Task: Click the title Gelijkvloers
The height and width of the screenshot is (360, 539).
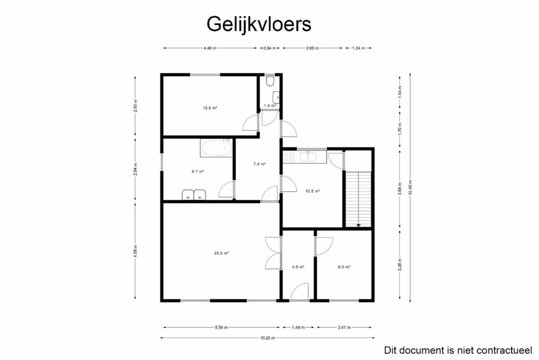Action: (x=259, y=24)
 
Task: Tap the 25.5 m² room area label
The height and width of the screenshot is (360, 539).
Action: (x=221, y=253)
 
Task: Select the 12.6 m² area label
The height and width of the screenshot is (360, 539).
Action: (x=210, y=108)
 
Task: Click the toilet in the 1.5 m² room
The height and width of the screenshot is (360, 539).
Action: (x=270, y=80)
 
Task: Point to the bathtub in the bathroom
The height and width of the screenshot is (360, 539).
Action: (x=217, y=148)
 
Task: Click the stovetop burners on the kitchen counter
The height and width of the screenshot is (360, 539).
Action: (x=288, y=157)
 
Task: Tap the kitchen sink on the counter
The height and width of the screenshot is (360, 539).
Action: (x=308, y=156)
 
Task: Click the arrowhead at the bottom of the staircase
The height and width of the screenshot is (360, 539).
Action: (x=358, y=225)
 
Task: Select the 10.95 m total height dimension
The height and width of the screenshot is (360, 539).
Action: (x=410, y=187)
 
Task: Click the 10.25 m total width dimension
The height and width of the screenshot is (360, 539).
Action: (x=267, y=338)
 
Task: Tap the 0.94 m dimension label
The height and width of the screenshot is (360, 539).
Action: (x=269, y=48)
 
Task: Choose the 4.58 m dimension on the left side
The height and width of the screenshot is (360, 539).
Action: (x=136, y=251)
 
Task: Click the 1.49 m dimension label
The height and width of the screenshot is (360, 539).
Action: (x=298, y=328)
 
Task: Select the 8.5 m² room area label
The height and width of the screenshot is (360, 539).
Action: (x=344, y=267)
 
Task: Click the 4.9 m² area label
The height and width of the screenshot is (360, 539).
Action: (x=298, y=267)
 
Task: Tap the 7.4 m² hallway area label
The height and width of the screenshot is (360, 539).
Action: (x=260, y=164)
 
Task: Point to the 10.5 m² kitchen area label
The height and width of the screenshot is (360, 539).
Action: (x=313, y=191)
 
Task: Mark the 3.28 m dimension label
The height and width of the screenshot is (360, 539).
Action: (x=400, y=265)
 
